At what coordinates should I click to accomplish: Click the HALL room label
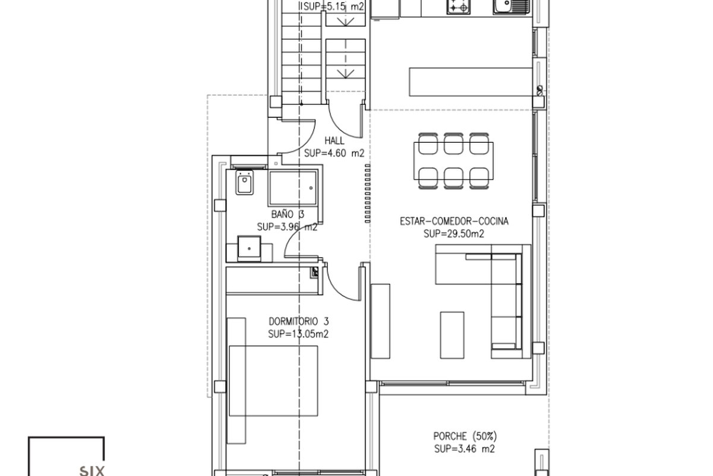coord(334,140)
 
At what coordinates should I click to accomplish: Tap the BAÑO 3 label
coord(288,214)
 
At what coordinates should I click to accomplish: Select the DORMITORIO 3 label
coord(298,321)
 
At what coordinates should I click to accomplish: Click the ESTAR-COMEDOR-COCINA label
coord(454,221)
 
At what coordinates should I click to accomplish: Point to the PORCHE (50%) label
coord(465,436)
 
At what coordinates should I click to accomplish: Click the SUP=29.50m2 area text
coord(454,234)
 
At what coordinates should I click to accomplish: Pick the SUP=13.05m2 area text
coord(298,334)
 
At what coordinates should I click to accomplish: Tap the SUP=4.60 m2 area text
coord(334,154)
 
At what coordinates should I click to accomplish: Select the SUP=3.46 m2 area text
coord(465,449)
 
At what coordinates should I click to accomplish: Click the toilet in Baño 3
coord(244,182)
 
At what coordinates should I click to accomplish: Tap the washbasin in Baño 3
coord(249,248)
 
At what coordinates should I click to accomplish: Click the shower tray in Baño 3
coord(293,188)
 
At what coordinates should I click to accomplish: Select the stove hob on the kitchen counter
coord(458,7)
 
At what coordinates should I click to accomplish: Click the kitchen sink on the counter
coord(512,7)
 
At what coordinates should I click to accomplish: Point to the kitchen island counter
coord(471,82)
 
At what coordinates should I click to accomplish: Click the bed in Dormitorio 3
coord(273,381)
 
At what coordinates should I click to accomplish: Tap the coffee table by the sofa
coord(452,335)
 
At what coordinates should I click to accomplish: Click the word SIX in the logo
coord(92,471)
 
